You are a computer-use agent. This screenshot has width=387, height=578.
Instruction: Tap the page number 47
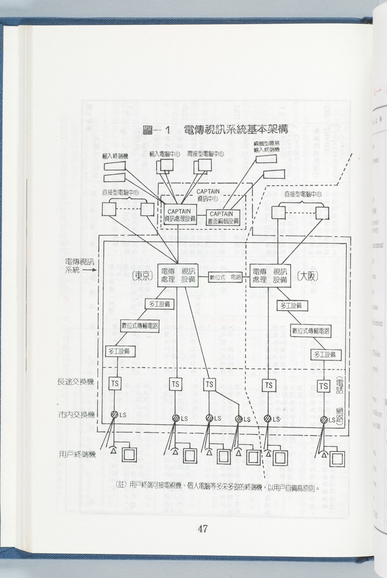[203, 529]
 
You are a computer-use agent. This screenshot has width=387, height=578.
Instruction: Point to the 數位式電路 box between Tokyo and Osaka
[225, 278]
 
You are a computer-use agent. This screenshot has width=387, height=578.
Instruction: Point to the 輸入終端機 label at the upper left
[115, 156]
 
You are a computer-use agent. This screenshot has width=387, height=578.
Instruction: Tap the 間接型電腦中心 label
[205, 153]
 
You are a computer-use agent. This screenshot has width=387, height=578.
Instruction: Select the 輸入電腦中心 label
[165, 153]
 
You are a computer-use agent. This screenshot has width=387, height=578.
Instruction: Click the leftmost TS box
[115, 384]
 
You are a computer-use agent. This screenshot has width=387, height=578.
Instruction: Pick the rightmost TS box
[325, 386]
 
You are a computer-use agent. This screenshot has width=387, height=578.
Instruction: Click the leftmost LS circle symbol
[115, 415]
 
